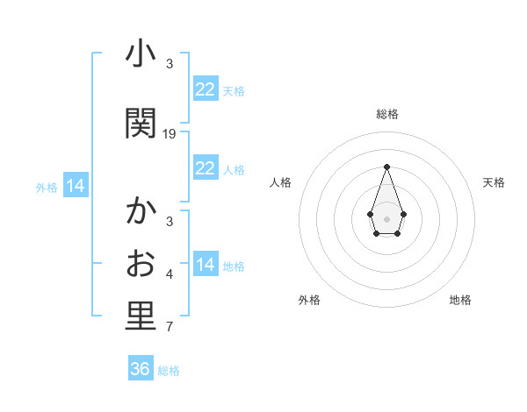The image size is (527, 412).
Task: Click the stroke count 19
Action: pyautogui.click(x=170, y=134)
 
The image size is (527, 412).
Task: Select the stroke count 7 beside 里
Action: pyautogui.click(x=170, y=328)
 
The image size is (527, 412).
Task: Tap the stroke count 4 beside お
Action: pyautogui.click(x=170, y=274)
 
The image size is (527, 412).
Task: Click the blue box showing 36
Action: pyautogui.click(x=141, y=369)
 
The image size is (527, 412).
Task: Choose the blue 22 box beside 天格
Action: pyautogui.click(x=206, y=89)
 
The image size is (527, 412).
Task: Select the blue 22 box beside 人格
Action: pyautogui.click(x=206, y=168)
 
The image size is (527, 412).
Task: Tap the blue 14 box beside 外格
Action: pyautogui.click(x=76, y=186)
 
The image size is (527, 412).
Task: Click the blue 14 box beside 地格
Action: pyautogui.click(x=206, y=265)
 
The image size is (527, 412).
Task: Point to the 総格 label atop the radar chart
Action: pyautogui.click(x=386, y=114)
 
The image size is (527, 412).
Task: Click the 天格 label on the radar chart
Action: pyautogui.click(x=494, y=182)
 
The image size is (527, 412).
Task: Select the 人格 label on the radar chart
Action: pyautogui.click(x=280, y=182)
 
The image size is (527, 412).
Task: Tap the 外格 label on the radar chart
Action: pyautogui.click(x=309, y=300)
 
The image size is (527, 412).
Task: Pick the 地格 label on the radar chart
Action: pyautogui.click(x=460, y=300)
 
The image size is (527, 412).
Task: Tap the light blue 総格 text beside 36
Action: pyautogui.click(x=169, y=371)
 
